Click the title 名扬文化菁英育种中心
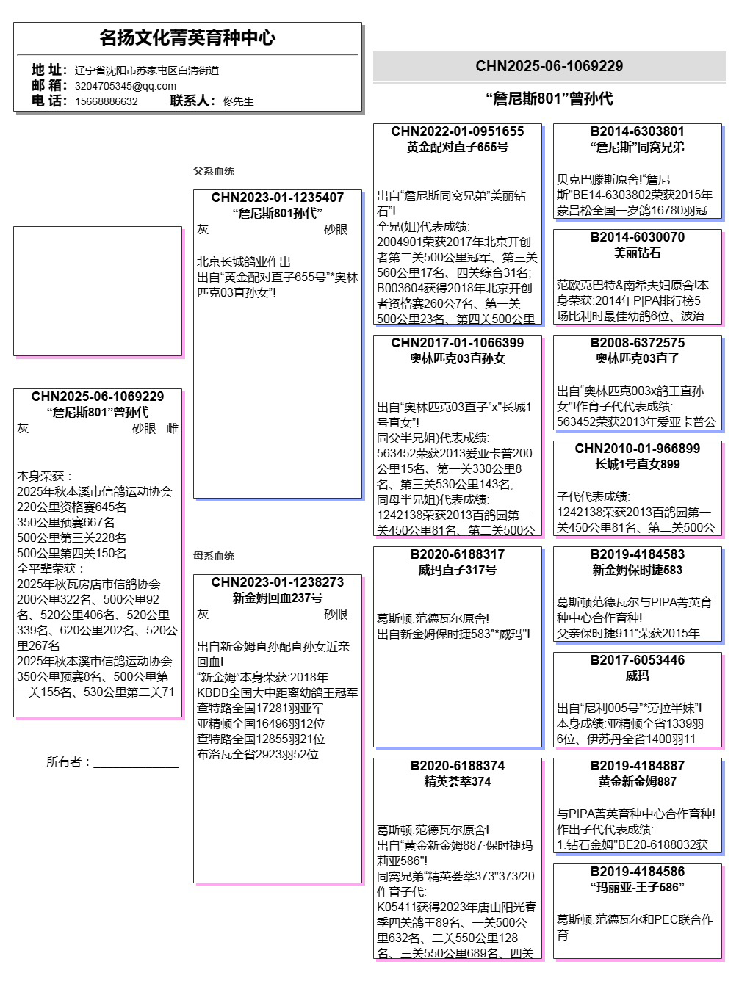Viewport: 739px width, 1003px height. pyautogui.click(x=187, y=37)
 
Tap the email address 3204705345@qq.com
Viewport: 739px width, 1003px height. pyautogui.click(x=125, y=86)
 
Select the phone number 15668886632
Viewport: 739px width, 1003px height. pyautogui.click(x=106, y=101)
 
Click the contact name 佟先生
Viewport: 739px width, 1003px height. pyautogui.click(x=238, y=101)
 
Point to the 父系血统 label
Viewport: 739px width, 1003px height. pyautogui.click(x=214, y=171)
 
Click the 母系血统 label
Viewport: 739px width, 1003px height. pyautogui.click(x=214, y=556)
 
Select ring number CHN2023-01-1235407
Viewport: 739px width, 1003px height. pyautogui.click(x=277, y=198)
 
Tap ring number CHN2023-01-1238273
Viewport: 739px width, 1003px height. pyautogui.click(x=277, y=582)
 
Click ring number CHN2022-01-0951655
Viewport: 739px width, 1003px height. pyautogui.click(x=457, y=131)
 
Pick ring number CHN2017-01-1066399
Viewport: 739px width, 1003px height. pyautogui.click(x=457, y=343)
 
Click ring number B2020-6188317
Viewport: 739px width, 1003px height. pyautogui.click(x=457, y=554)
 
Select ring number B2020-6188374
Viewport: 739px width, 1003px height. pyautogui.click(x=457, y=766)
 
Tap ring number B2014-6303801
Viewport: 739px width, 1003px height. pyautogui.click(x=637, y=131)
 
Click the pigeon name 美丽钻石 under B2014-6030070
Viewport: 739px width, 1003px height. pyautogui.click(x=637, y=253)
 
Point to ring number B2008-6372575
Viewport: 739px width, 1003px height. pyautogui.click(x=637, y=343)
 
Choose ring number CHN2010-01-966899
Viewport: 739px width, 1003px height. pyautogui.click(x=637, y=449)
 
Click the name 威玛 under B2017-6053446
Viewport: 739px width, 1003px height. pyautogui.click(x=637, y=676)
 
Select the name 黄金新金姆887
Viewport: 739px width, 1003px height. pyautogui.click(x=637, y=781)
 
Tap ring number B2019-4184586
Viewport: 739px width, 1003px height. pyautogui.click(x=637, y=872)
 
